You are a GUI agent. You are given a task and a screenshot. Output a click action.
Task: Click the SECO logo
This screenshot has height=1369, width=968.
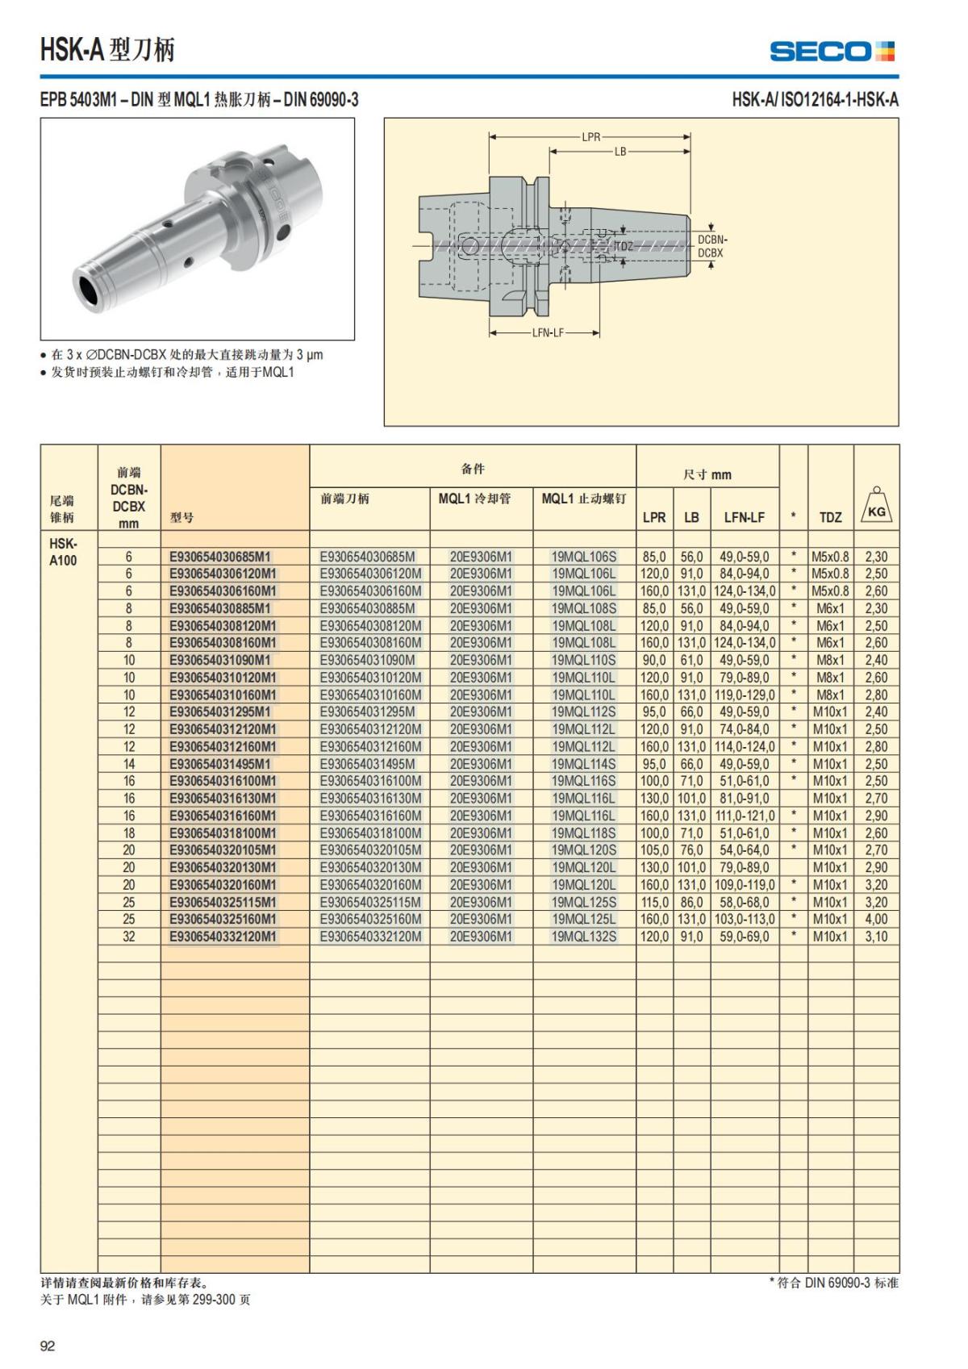click(x=832, y=52)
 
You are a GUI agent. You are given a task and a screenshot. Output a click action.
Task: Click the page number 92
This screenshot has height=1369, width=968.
click(x=48, y=1346)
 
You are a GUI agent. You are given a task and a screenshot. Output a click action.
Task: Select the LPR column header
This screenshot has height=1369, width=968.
click(x=653, y=517)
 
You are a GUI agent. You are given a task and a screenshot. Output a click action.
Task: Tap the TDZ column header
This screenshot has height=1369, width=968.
click(x=830, y=517)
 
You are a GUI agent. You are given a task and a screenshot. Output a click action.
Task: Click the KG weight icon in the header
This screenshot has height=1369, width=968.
click(x=876, y=506)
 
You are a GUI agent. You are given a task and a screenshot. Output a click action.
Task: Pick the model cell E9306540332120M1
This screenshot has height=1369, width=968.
click(x=223, y=937)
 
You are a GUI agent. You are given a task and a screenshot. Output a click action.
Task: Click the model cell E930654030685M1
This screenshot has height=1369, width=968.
click(x=220, y=557)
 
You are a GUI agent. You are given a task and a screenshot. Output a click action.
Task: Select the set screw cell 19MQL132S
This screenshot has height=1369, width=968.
click(x=584, y=937)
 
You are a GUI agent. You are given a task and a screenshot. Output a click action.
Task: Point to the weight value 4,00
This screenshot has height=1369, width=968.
click(x=876, y=920)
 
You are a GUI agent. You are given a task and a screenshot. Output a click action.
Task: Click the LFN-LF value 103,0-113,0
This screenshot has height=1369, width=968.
click(x=745, y=920)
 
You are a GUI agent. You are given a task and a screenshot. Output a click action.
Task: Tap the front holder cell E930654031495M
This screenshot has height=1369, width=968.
click(x=368, y=764)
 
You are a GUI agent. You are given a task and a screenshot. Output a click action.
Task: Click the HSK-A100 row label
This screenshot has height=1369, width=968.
click(x=63, y=552)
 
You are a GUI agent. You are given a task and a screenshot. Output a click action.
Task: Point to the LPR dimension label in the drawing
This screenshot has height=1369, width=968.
click(x=591, y=136)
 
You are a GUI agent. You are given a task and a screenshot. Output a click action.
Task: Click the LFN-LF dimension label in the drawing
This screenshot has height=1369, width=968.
click(x=548, y=332)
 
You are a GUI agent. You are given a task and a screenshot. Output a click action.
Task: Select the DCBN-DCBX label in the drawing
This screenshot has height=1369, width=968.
click(x=711, y=246)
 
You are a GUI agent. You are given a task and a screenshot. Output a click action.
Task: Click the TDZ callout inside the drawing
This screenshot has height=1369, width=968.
click(x=624, y=246)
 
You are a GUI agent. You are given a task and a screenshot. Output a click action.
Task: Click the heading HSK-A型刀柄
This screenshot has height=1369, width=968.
click(x=107, y=50)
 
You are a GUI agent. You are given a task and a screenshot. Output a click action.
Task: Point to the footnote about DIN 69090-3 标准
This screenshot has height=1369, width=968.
click(x=833, y=1283)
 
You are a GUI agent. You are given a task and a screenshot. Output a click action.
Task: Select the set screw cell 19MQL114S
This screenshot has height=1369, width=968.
click(x=584, y=764)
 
